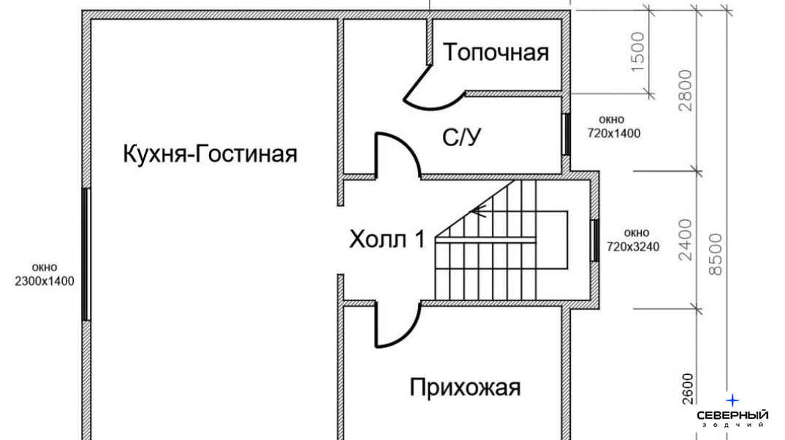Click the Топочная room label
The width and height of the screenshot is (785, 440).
pyautogui.click(x=496, y=52)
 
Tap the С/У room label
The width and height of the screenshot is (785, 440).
pyautogui.click(x=462, y=137)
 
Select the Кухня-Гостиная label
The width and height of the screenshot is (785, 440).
pyautogui.click(x=211, y=153)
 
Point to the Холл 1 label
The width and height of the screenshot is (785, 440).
pyautogui.click(x=387, y=239)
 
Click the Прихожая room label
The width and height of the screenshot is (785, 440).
pyautogui.click(x=465, y=387)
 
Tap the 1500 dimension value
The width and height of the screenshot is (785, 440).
pyautogui.click(x=637, y=52)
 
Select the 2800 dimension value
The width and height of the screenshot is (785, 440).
pyautogui.click(x=684, y=91)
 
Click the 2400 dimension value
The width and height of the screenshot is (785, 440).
pyautogui.click(x=684, y=240)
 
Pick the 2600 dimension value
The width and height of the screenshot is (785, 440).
pyautogui.click(x=688, y=388)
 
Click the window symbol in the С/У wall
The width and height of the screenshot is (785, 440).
pyautogui.click(x=566, y=134)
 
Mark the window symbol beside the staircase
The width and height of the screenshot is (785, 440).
pyautogui.click(x=595, y=240)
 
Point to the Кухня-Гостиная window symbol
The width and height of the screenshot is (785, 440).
pyautogui.click(x=86, y=254)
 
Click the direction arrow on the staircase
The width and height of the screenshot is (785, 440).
pyautogui.click(x=479, y=211)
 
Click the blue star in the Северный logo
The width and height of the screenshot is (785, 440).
pyautogui.click(x=732, y=401)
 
